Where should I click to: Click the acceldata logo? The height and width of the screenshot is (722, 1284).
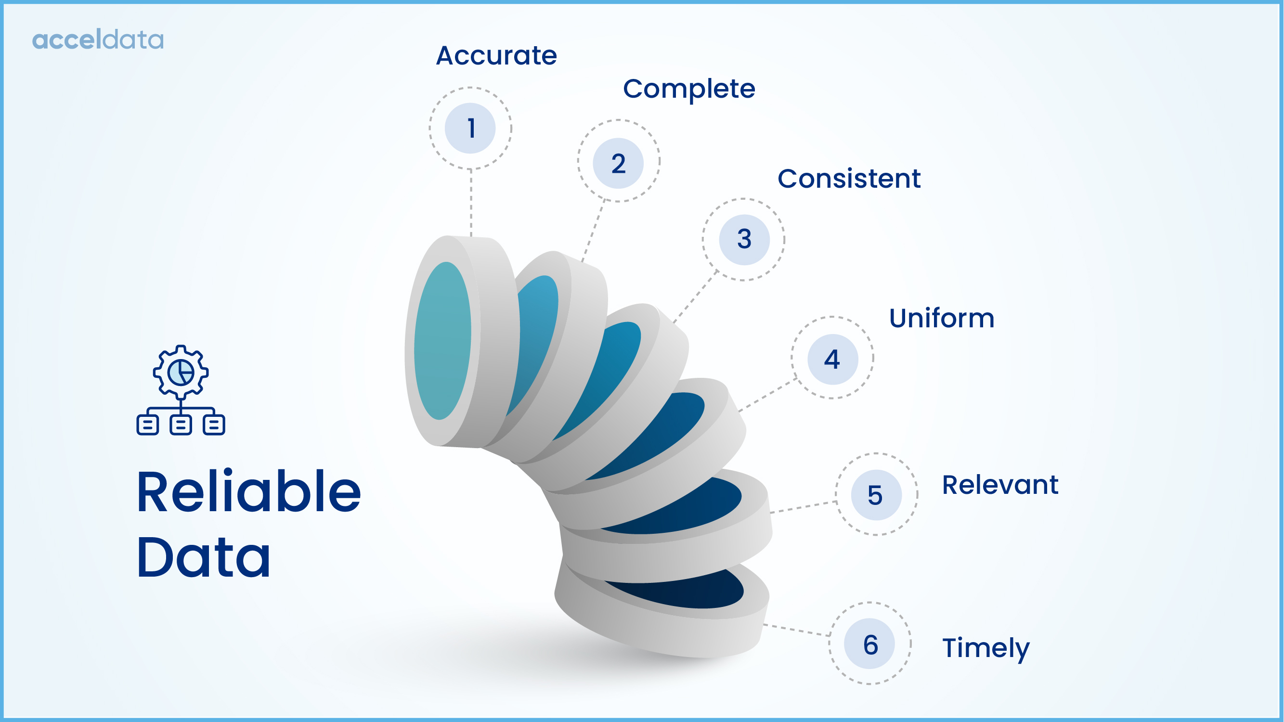coord(98,39)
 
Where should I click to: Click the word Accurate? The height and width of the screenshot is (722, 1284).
coord(496,55)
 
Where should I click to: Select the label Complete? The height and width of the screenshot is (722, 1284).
coord(689,89)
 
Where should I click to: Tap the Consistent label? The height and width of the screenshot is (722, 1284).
coord(849,179)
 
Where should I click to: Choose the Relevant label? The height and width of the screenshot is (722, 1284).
coord(999,485)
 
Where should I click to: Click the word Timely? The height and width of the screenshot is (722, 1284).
coord(985,648)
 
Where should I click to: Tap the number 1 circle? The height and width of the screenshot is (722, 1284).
coord(470,128)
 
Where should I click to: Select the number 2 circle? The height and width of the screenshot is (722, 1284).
coord(618,163)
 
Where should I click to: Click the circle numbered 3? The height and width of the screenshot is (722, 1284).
coord(744,239)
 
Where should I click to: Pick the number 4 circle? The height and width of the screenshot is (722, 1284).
coord(832,359)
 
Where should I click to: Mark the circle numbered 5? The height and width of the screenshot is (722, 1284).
coord(876,495)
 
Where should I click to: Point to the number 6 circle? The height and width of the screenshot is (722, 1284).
coord(869,644)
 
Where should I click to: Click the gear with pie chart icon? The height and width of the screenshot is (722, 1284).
coord(181,372)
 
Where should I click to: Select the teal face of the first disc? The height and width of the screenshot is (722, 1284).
coord(441,341)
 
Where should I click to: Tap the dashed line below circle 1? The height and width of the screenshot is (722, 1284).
coord(470,202)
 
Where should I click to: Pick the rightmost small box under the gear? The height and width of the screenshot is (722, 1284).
coord(214,425)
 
